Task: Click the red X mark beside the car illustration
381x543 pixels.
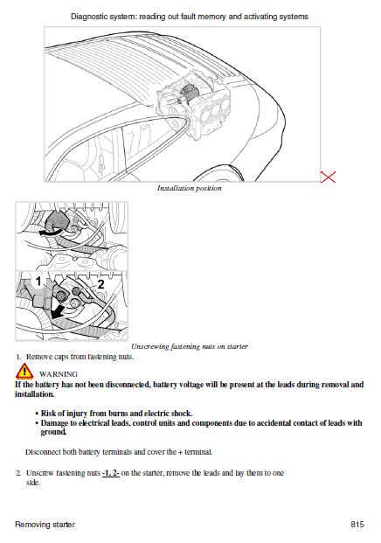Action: coord(328,177)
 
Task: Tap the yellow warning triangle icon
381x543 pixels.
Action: coord(24,372)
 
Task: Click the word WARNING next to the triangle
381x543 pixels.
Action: coord(59,374)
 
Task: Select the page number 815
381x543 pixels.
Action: coord(357,524)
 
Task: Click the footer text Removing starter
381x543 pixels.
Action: coord(45,525)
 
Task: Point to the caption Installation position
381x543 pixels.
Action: coord(190,188)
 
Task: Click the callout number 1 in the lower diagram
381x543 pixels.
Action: coord(38,282)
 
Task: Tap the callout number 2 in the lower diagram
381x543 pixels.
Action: coord(100,284)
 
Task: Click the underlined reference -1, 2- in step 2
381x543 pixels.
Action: coord(111,473)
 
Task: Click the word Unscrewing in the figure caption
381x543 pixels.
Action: coord(149,346)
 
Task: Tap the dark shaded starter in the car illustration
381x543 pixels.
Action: coord(189,92)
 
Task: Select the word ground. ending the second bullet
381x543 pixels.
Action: coord(53,432)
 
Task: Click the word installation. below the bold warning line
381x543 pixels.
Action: coord(35,394)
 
